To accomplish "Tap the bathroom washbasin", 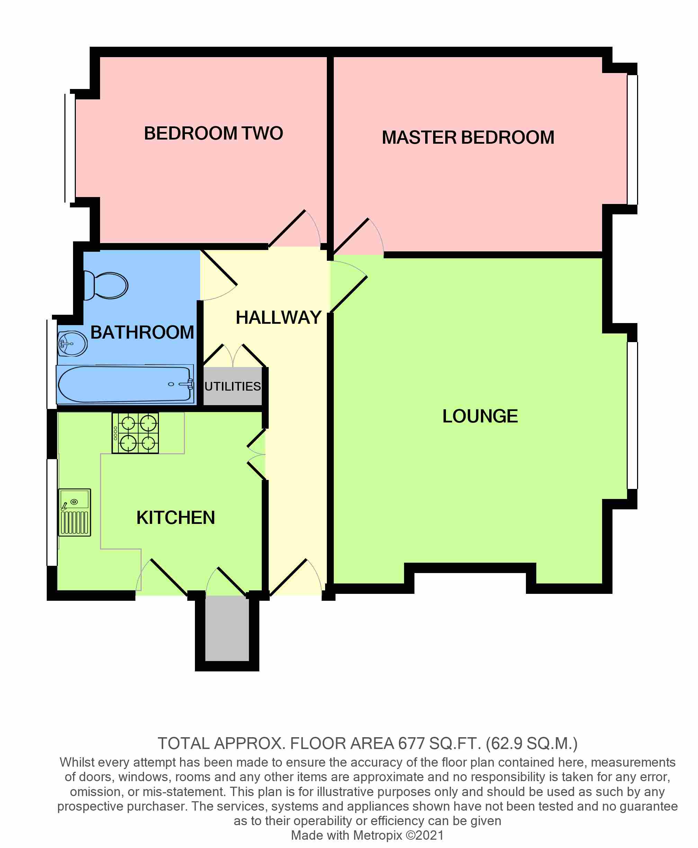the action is coord(72,343).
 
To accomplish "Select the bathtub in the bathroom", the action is coord(125,384).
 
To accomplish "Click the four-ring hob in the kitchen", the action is coord(135,433).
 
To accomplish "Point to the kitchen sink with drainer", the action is coord(75,512).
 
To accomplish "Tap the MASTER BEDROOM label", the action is coord(468,137).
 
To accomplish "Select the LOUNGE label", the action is coord(480,416).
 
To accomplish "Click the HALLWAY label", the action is coord(279,318).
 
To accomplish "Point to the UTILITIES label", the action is coord(233,386).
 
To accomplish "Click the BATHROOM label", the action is coord(142,332).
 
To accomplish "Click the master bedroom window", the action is coord(633,140).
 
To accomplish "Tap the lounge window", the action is coord(633,416).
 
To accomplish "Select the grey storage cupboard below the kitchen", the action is coord(227,628).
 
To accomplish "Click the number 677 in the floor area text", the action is coord(411,743).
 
